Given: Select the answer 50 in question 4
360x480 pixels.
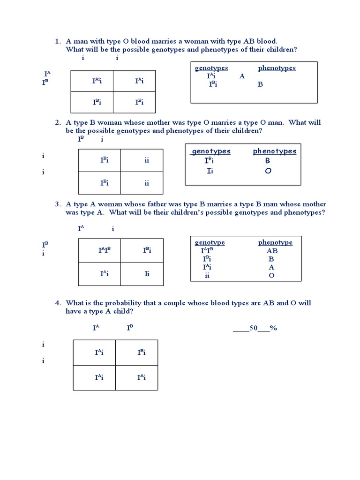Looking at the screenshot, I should [254, 328].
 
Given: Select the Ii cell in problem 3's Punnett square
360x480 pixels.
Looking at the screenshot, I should [147, 274].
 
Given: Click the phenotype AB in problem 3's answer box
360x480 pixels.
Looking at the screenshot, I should [272, 251].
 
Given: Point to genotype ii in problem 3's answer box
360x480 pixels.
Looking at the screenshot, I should [207, 275].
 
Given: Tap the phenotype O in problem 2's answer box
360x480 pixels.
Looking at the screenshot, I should [268, 171].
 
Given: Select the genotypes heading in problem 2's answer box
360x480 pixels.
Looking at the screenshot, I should [211, 151].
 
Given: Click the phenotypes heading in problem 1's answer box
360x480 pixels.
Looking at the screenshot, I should [277, 68].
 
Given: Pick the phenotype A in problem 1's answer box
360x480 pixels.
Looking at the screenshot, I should [242, 76].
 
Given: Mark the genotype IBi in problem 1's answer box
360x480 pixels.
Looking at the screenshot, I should [212, 84].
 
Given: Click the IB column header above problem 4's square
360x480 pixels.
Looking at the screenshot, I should [130, 328].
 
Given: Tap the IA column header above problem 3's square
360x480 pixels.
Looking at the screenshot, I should [81, 229].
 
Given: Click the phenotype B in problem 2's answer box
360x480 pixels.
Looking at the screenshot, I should [268, 161].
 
